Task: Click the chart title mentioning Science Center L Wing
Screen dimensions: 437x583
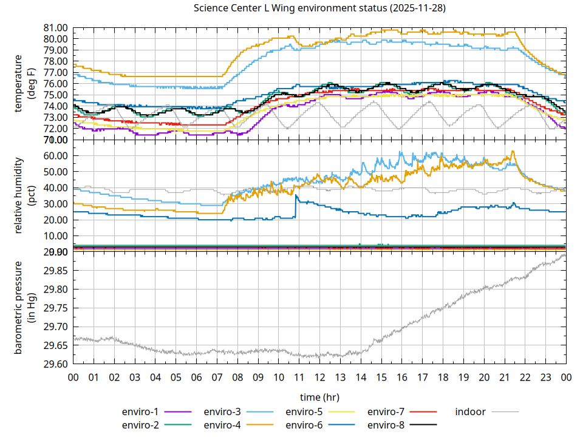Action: point(319,8)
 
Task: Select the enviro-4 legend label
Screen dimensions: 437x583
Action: point(222,425)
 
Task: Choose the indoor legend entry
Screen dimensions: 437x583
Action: point(471,412)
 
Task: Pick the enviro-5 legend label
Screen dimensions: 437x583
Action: point(304,412)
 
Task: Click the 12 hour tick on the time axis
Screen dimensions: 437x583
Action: point(319,377)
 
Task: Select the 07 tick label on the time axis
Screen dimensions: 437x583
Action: point(217,377)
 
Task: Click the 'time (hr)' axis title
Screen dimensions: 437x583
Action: point(319,397)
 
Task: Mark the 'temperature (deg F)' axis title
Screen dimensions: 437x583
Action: point(24,83)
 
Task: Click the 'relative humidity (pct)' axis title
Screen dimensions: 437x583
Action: point(24,195)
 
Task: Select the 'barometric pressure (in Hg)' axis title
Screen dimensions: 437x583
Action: point(24,308)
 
